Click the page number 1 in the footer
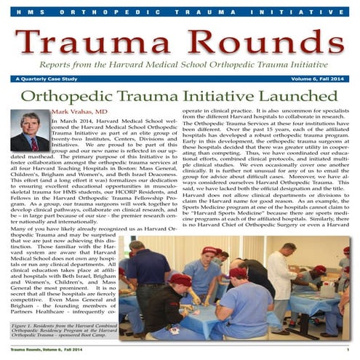(348, 352)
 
